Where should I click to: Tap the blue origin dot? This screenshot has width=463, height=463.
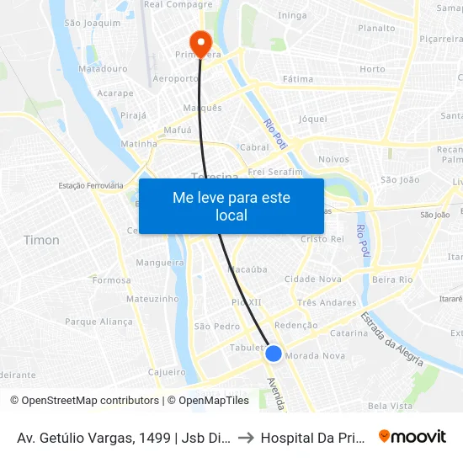click(274, 354)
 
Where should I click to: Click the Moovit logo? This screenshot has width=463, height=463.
click(412, 436)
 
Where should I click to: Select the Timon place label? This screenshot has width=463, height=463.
click(41, 240)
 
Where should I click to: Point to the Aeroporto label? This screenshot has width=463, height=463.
click(175, 78)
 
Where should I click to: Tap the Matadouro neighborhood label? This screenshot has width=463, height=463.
click(103, 69)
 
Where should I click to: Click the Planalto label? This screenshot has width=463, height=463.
click(376, 28)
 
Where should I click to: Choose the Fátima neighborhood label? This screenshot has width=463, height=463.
click(298, 79)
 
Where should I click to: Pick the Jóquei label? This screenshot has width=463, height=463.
click(312, 119)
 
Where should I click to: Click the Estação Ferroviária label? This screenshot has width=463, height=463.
click(91, 185)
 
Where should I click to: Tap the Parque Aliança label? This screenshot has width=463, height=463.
click(98, 322)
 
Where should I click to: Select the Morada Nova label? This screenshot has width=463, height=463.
click(316, 356)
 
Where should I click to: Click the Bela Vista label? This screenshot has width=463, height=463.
click(391, 406)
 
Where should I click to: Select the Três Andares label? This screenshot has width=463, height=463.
click(327, 302)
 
